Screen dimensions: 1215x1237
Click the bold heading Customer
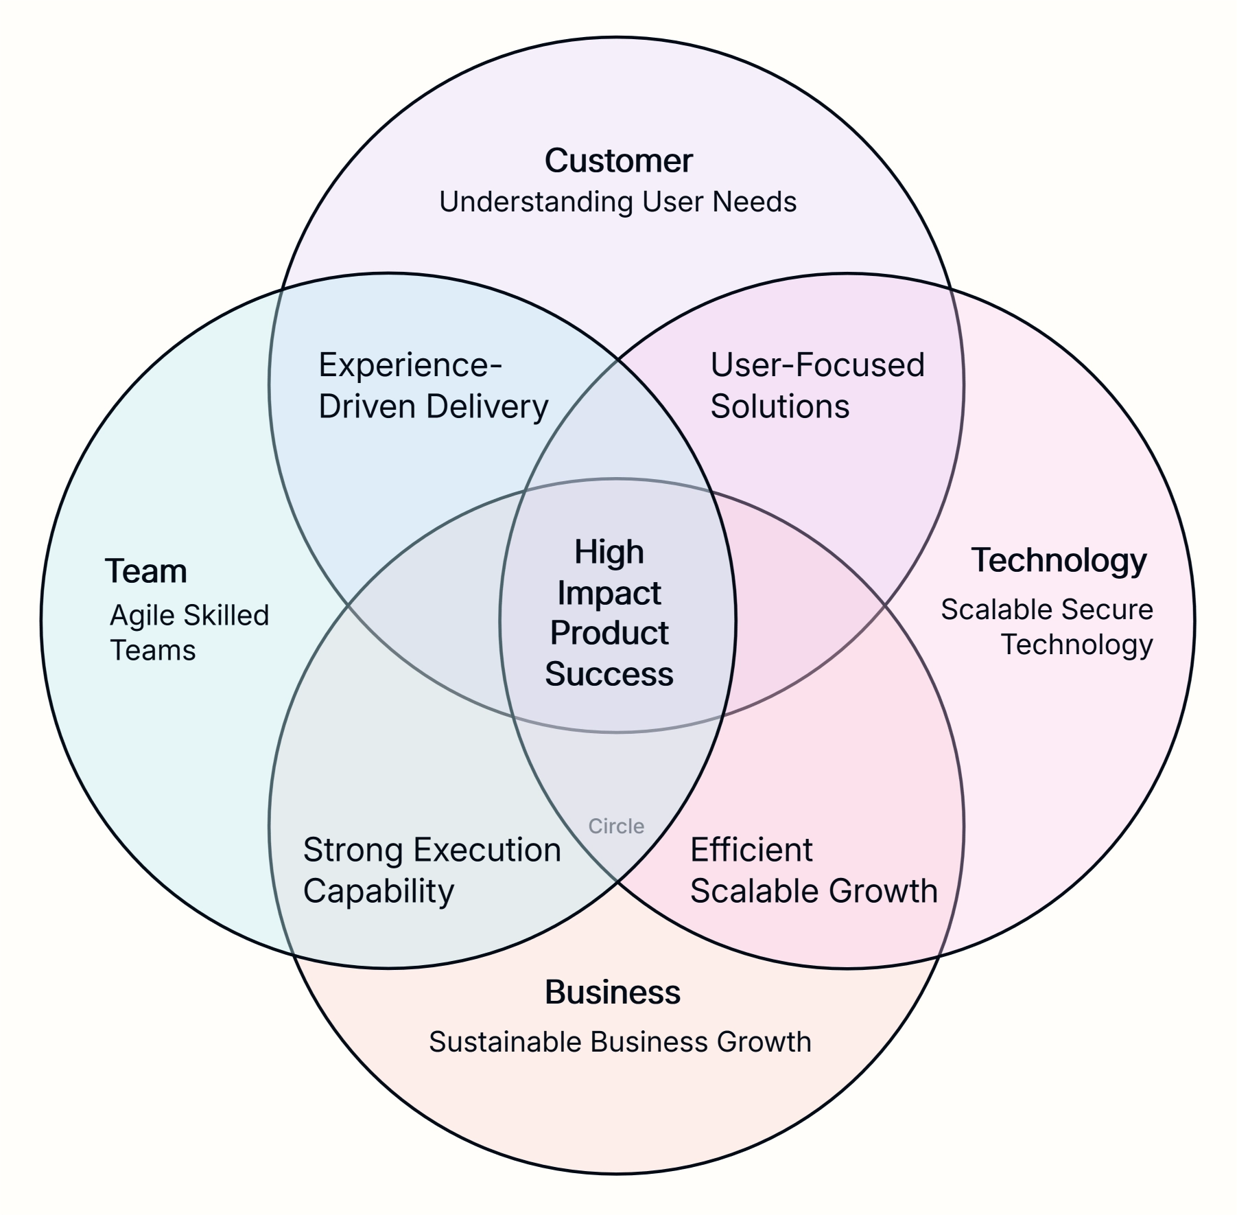[618, 161]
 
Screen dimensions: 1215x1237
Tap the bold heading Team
[145, 571]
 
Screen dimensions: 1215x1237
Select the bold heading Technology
[1059, 560]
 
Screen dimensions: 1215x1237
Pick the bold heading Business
[612, 993]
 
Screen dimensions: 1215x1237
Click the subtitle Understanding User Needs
[617, 202]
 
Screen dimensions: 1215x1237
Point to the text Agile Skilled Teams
[189, 633]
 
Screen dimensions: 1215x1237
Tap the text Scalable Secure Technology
[1046, 627]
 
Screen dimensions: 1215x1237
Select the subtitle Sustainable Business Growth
[620, 1042]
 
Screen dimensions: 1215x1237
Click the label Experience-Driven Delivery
[433, 386]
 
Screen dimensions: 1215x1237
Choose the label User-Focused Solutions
[817, 386]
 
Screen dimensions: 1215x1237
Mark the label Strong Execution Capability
[432, 870]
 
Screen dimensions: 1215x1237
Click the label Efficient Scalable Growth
[813, 870]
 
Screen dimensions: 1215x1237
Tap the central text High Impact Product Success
[609, 613]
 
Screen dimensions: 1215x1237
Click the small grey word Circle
[616, 826]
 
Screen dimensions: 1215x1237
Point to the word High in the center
[609, 553]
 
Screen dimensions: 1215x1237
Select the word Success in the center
[609, 674]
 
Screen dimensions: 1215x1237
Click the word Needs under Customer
[754, 202]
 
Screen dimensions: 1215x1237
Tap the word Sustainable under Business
[506, 1042]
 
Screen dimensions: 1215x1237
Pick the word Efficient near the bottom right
[751, 850]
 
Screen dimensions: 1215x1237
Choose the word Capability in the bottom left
[379, 891]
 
